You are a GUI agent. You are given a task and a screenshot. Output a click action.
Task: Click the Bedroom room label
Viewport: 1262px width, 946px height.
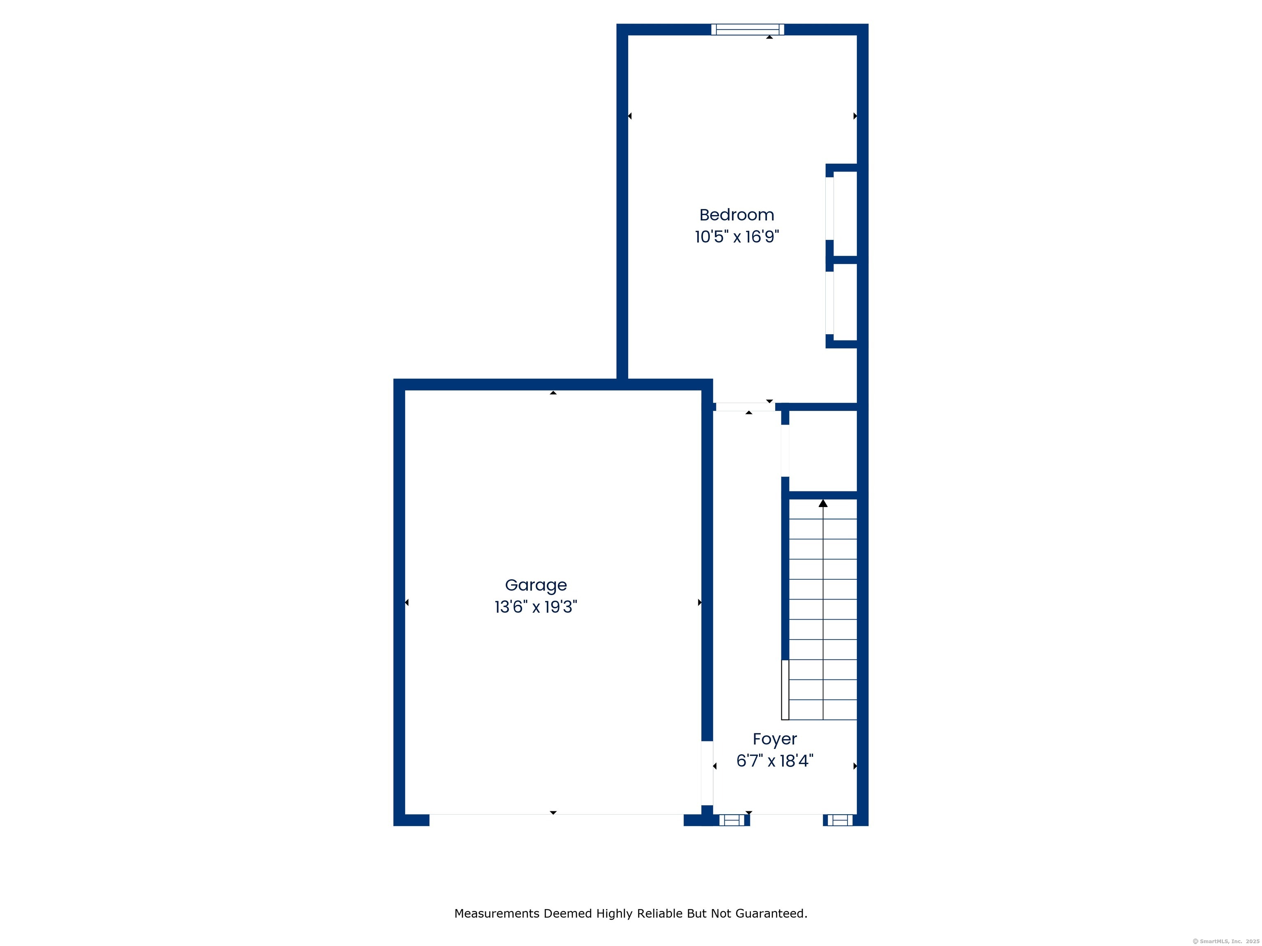(x=737, y=215)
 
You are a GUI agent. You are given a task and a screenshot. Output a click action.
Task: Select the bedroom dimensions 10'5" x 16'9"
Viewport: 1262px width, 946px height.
(x=737, y=236)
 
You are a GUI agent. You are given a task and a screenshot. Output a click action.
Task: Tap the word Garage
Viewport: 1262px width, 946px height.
(x=536, y=585)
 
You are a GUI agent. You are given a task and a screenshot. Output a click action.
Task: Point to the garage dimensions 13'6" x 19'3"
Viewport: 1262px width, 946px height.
(x=536, y=607)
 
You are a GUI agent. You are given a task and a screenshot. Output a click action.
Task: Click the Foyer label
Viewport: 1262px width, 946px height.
(x=774, y=739)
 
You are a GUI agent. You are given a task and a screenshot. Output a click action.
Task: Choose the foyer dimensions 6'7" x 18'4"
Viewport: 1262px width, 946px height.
(x=774, y=761)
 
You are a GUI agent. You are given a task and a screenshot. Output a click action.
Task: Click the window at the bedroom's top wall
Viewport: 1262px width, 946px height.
(x=747, y=30)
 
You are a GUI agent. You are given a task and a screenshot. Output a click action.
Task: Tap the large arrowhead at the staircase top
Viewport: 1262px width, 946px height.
(x=823, y=503)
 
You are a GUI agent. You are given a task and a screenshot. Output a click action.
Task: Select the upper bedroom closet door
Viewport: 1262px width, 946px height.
(x=829, y=208)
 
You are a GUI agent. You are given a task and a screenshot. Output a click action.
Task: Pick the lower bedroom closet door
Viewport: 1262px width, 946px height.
(x=829, y=302)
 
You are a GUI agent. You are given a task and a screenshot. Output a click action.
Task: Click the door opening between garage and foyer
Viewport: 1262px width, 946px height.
(x=707, y=773)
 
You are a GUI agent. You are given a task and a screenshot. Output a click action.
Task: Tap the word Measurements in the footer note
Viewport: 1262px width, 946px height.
(x=497, y=914)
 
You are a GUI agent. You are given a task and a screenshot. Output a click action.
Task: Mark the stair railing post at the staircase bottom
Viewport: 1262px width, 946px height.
(x=785, y=689)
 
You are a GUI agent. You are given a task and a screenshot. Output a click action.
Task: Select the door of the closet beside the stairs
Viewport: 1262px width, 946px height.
(x=785, y=450)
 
